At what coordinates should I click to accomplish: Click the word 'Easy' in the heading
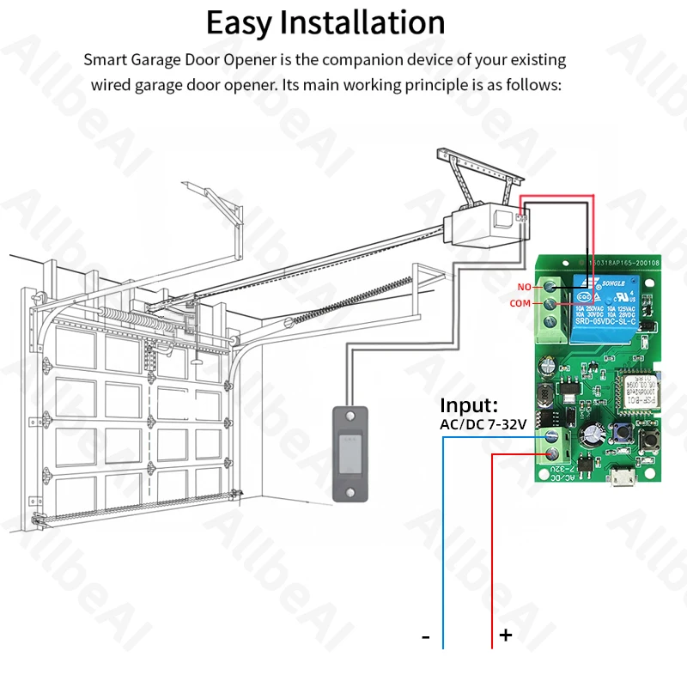pos(249,22)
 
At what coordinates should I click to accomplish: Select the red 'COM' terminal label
pos(519,303)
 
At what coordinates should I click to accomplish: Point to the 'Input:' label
pos(468,405)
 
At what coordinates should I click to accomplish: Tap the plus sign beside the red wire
pos(506,635)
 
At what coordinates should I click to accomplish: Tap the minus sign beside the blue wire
pos(426,636)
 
